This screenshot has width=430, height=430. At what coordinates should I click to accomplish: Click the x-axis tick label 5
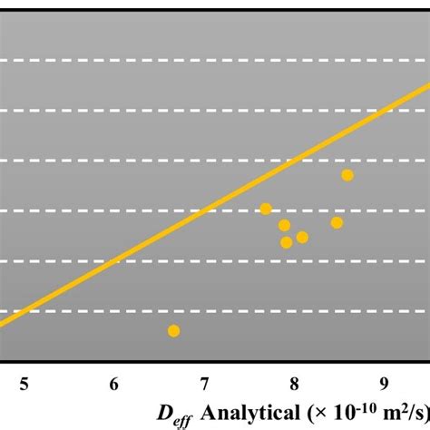pyautogui.click(x=24, y=384)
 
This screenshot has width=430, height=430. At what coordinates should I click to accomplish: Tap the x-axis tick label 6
pyautogui.click(x=114, y=384)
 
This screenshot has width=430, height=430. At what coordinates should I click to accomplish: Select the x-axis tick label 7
pyautogui.click(x=204, y=384)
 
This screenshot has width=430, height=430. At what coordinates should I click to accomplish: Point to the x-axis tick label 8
pyautogui.click(x=294, y=384)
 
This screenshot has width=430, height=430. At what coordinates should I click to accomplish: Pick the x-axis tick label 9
pyautogui.click(x=385, y=384)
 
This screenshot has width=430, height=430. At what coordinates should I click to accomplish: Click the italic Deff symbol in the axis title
pyautogui.click(x=173, y=415)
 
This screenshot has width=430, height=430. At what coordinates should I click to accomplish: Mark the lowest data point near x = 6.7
pyautogui.click(x=174, y=330)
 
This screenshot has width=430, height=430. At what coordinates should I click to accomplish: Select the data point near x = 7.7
pyautogui.click(x=266, y=209)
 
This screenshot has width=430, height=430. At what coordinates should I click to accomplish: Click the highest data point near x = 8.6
pyautogui.click(x=347, y=175)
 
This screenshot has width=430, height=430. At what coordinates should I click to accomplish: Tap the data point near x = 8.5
pyautogui.click(x=337, y=222)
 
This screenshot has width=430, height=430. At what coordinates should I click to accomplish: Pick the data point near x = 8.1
pyautogui.click(x=302, y=238)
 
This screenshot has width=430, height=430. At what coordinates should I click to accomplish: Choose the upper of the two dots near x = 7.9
pyautogui.click(x=285, y=225)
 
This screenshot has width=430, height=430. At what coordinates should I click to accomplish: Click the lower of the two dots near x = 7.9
pyautogui.click(x=287, y=242)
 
